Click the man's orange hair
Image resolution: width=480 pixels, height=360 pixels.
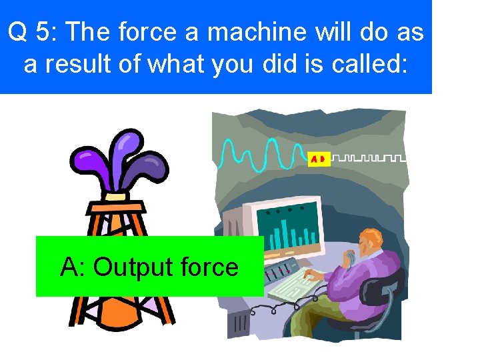371,236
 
